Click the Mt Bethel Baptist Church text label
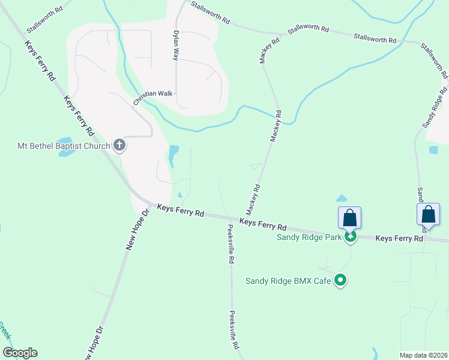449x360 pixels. pos(63,146)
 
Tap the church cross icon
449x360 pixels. pos(119,145)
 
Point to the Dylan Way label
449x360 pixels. pos(176,46)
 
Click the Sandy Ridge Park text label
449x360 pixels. pos(309,237)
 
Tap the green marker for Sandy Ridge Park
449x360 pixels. pos(350,237)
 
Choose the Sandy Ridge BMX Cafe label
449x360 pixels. pos(289,281)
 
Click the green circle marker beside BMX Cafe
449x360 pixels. pos(341,280)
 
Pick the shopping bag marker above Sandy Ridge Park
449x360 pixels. pos(350,217)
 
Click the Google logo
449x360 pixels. pos(20,353)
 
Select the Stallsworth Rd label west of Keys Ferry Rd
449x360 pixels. pos(44,20)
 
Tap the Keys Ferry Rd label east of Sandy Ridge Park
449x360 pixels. pos(399,238)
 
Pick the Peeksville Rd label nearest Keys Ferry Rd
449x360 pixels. pos(231,245)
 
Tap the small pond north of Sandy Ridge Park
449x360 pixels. pos(342,198)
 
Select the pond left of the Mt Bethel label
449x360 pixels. pos(66,151)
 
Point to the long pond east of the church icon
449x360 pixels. pos(173,155)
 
